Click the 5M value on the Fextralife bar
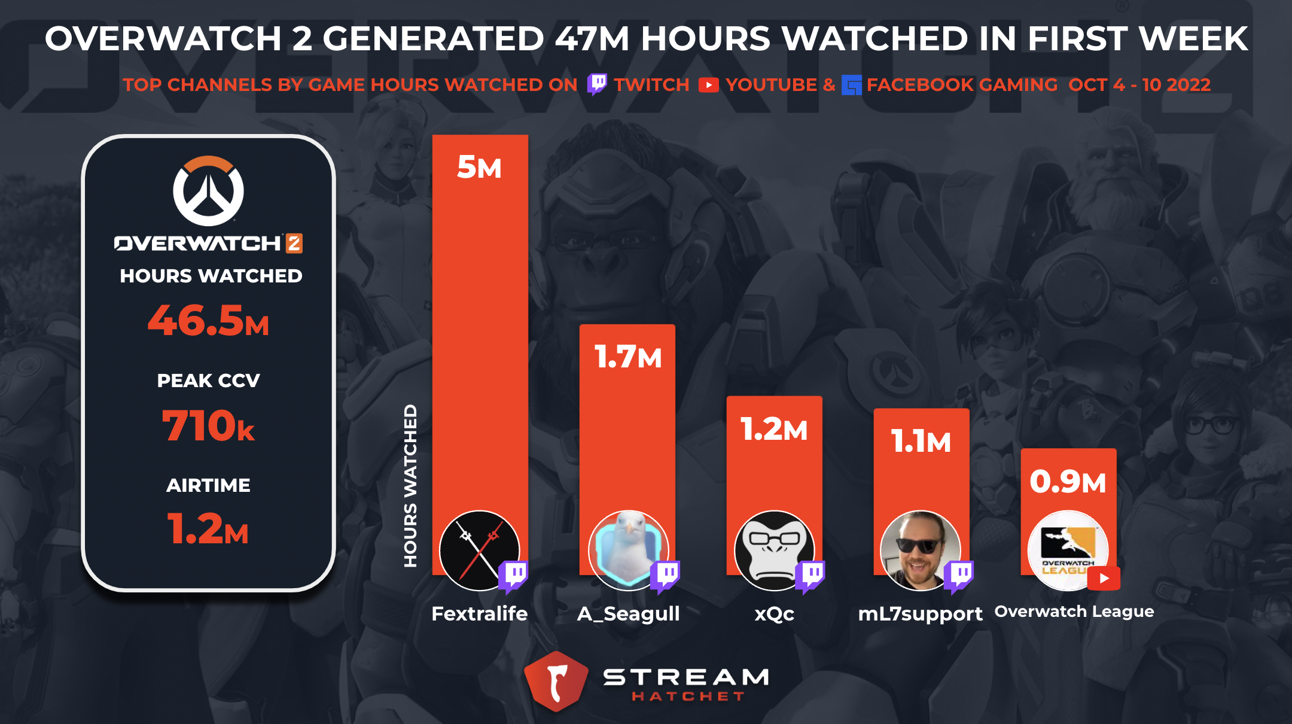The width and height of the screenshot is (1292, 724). [x=479, y=167]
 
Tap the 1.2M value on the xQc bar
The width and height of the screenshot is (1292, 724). [x=774, y=429]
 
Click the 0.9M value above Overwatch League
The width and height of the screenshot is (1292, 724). [x=1068, y=481]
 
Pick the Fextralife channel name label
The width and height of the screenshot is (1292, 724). [x=480, y=614]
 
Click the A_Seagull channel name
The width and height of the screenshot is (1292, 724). [x=628, y=614]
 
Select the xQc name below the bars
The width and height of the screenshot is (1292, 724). [x=774, y=614]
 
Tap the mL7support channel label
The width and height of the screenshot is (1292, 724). [x=920, y=614]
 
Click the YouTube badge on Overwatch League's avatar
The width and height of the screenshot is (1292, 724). [x=1104, y=579]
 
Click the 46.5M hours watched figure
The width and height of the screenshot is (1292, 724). [x=208, y=321]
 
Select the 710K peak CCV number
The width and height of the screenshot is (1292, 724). [x=208, y=426]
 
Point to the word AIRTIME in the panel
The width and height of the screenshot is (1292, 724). [x=208, y=485]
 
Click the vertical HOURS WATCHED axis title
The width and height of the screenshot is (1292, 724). [x=410, y=485]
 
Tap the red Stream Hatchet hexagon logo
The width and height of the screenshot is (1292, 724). [x=556, y=681]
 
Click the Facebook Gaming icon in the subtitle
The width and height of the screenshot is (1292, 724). [x=851, y=85]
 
